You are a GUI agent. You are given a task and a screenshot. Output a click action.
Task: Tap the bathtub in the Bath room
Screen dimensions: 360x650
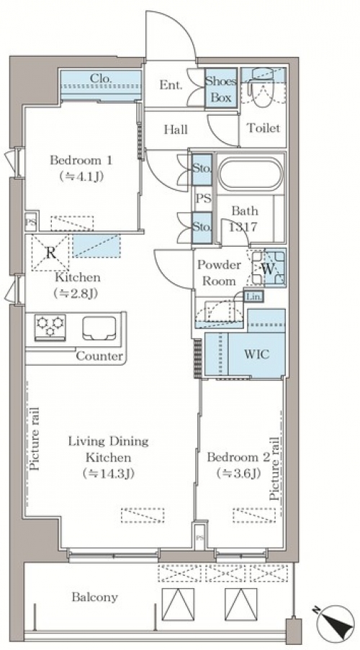pyautogui.click(x=250, y=173)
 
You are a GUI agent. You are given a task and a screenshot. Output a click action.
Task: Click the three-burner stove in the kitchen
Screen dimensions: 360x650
pyautogui.click(x=50, y=326)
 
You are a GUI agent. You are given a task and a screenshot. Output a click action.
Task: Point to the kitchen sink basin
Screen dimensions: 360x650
pyautogui.click(x=99, y=328)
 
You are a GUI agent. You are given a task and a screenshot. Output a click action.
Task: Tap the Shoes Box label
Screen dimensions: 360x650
pyautogui.click(x=221, y=89)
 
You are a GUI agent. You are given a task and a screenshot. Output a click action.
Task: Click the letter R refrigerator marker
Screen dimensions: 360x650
pyautogui.click(x=50, y=253)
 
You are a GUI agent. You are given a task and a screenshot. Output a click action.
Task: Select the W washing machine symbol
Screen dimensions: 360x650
pyautogui.click(x=268, y=268)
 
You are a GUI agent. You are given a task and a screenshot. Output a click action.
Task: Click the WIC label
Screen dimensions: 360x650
pyautogui.click(x=256, y=354)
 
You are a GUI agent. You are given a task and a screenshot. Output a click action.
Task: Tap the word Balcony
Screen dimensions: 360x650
pyautogui.click(x=94, y=597)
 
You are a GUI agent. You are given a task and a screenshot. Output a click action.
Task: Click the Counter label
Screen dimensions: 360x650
pyautogui.click(x=99, y=356)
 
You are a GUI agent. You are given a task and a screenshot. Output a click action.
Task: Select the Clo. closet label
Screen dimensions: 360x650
pyautogui.click(x=100, y=78)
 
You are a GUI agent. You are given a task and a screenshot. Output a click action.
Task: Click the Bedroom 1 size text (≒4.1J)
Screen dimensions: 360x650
pyautogui.click(x=81, y=176)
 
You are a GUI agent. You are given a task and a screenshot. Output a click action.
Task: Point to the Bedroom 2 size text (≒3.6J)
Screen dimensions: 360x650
pyautogui.click(x=239, y=473)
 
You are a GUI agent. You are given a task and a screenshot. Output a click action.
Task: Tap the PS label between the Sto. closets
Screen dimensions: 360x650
pyautogui.click(x=203, y=199)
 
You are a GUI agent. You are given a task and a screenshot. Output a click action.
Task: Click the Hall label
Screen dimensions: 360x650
pyautogui.click(x=176, y=130)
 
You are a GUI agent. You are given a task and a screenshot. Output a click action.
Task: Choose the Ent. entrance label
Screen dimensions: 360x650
pyautogui.click(x=171, y=85)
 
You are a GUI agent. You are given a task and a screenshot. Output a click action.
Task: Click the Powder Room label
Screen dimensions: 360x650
pyautogui.click(x=219, y=273)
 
